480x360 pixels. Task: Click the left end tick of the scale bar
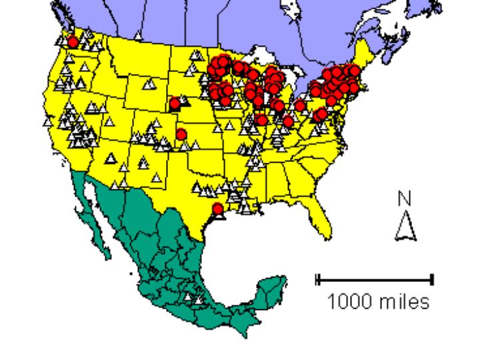tap(318, 279)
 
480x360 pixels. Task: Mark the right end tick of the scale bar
tap(432, 279)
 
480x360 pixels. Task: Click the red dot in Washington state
tap(73, 42)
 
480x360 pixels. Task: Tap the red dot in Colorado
tap(181, 134)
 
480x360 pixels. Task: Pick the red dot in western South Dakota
tap(175, 103)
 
